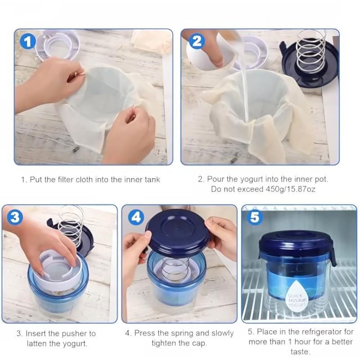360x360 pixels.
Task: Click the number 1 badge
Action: coord(28,42)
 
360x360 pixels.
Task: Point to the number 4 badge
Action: coord(135,217)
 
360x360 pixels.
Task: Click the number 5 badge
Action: coord(255,217)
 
